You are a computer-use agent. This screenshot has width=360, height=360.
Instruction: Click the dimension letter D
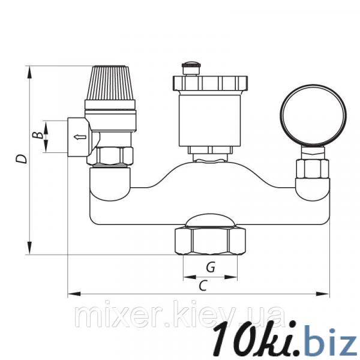click(22, 158)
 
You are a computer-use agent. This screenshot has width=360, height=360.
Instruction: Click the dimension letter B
click(37, 135)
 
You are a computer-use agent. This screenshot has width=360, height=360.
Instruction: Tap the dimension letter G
click(211, 267)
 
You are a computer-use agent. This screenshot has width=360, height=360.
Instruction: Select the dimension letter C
click(203, 286)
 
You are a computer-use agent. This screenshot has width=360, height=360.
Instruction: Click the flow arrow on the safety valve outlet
click(80, 137)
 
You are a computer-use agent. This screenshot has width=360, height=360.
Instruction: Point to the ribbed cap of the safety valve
click(110, 83)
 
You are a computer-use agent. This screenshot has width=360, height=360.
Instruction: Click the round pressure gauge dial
click(313, 116)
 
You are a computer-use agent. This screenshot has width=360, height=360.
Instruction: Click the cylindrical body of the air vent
click(210, 119)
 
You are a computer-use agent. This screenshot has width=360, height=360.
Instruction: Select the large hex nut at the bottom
click(210, 241)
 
